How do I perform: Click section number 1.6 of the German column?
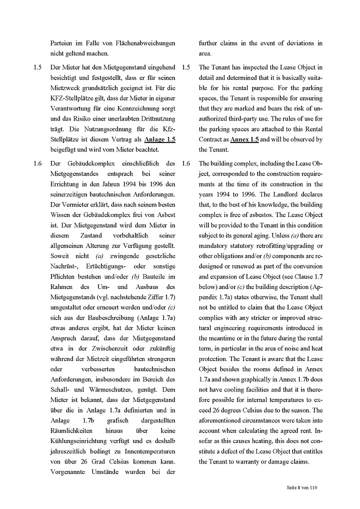coord(37,163)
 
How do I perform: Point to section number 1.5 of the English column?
coord(186,67)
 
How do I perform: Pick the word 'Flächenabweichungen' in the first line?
coord(144,43)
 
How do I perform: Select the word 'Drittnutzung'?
coord(156,119)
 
